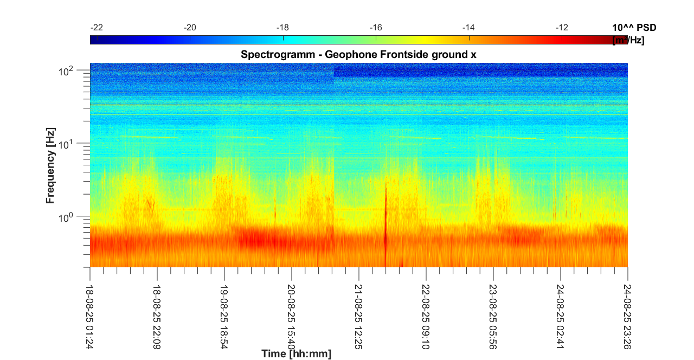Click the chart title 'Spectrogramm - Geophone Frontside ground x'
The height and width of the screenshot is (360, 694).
pyautogui.click(x=358, y=55)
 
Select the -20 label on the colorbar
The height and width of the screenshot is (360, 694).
pyautogui.click(x=190, y=28)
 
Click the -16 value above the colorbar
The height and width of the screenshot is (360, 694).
pyautogui.click(x=376, y=28)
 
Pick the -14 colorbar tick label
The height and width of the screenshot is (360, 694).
pyautogui.click(x=468, y=28)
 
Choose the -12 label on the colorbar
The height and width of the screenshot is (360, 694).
pyautogui.click(x=562, y=28)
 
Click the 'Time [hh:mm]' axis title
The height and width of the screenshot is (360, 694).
pyautogui.click(x=296, y=354)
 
